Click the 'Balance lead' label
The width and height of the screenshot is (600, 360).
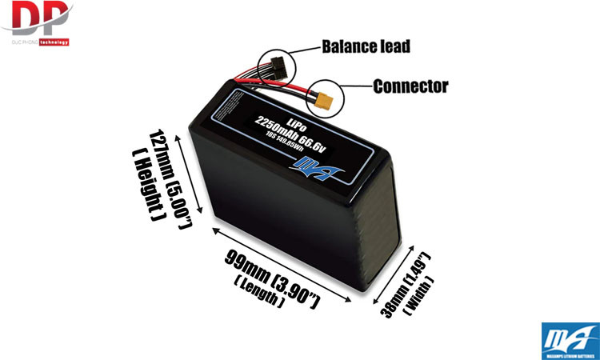point(366,46)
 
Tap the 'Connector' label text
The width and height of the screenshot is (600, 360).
point(410,86)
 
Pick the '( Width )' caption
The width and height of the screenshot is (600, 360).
point(421,295)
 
